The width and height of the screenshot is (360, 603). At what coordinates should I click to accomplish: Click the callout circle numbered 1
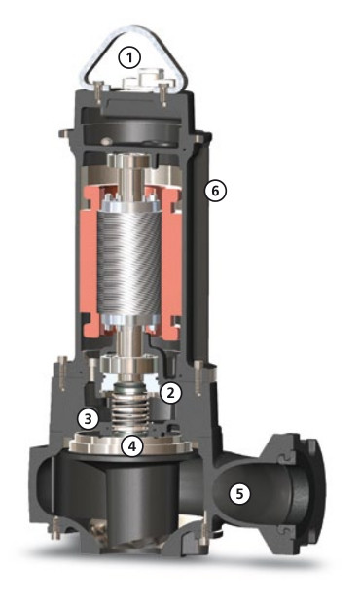tap(129, 57)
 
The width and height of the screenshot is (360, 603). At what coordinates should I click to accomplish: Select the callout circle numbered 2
tap(171, 392)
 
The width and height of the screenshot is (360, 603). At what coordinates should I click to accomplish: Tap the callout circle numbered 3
tap(89, 419)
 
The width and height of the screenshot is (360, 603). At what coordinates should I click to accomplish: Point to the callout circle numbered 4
tap(132, 446)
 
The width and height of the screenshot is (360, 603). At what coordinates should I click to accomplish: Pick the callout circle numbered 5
tap(239, 494)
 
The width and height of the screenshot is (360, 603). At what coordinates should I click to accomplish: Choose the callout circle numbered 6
tap(215, 191)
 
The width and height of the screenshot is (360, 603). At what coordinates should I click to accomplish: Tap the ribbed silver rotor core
tap(129, 262)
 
